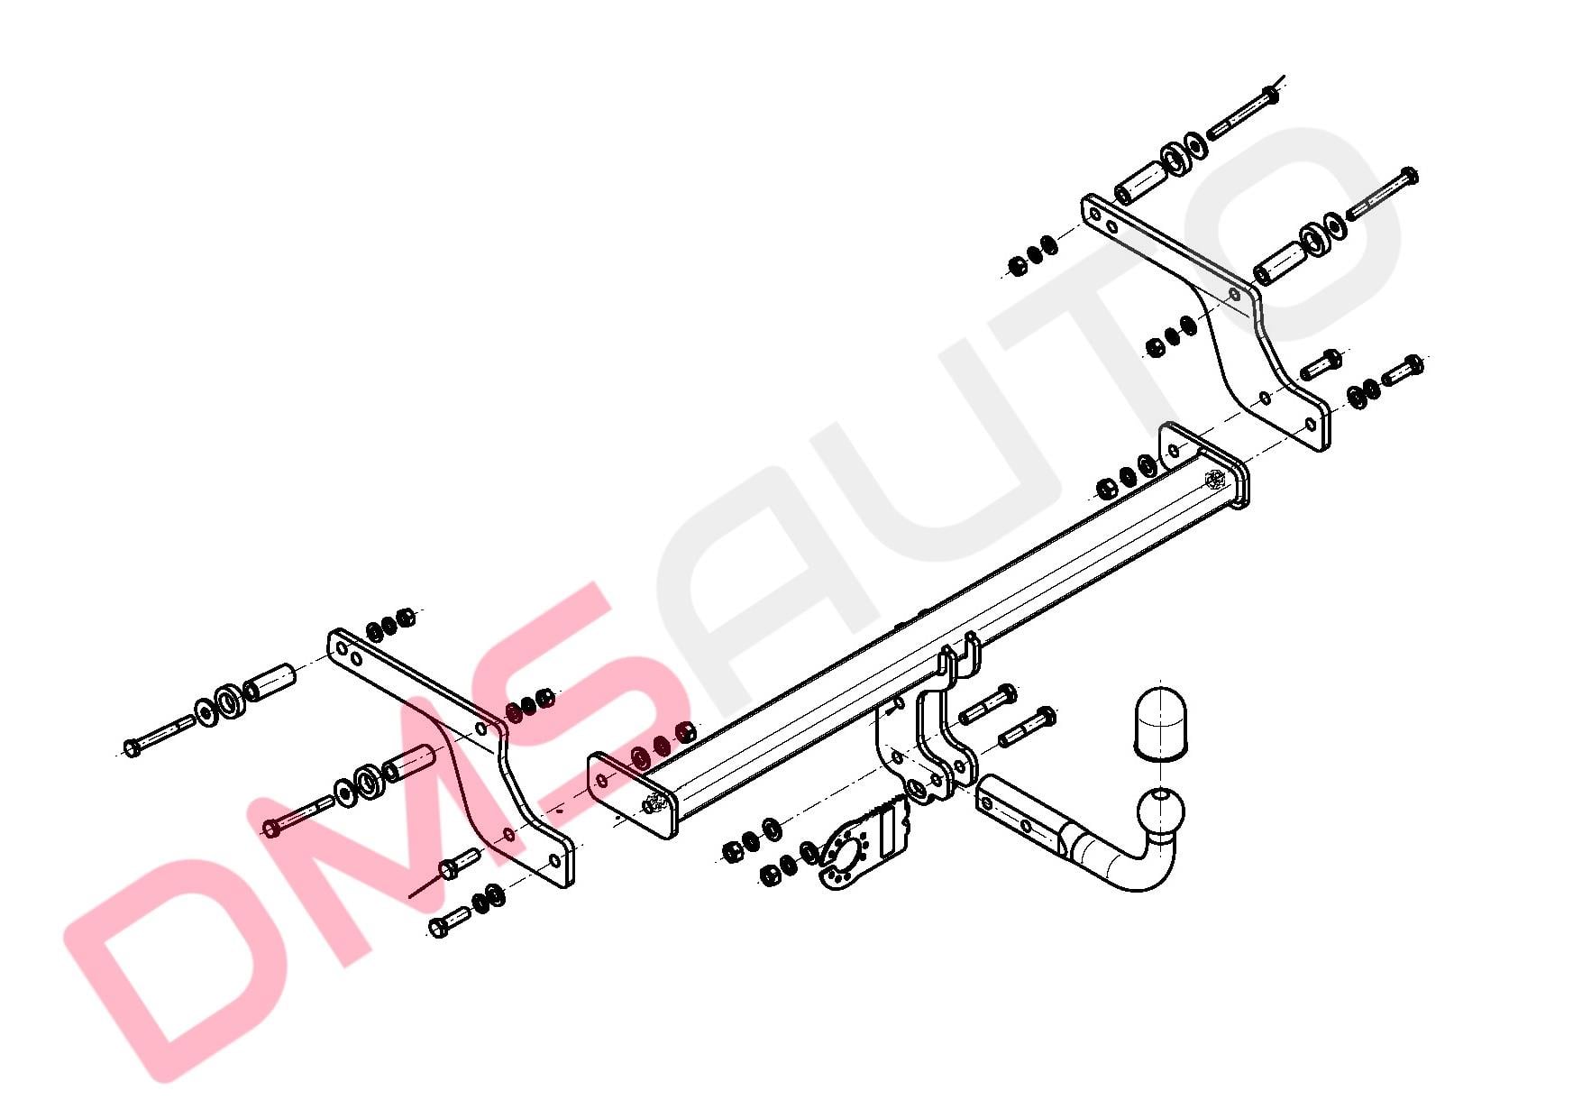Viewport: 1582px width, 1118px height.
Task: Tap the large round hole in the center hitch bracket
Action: tap(917, 790)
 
